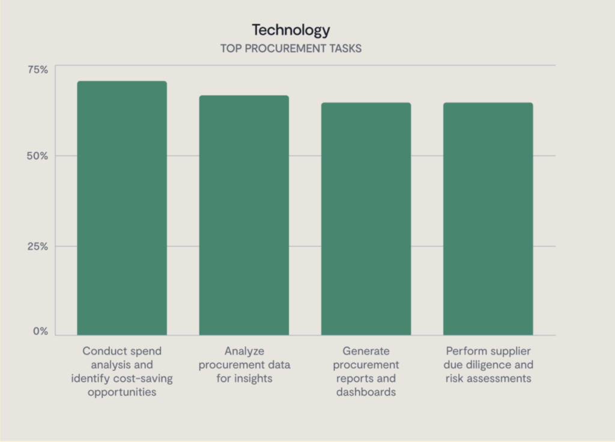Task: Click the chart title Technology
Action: click(291, 30)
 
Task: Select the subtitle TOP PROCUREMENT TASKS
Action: click(291, 49)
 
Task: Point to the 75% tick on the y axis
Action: click(38, 70)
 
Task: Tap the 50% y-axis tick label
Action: click(38, 156)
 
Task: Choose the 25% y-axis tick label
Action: click(38, 246)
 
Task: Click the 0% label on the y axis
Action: click(40, 332)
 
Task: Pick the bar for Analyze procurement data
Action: click(244, 215)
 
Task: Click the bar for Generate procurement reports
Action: click(366, 219)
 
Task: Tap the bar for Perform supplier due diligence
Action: click(488, 219)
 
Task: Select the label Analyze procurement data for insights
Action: click(244, 365)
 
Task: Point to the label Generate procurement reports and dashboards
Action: click(366, 371)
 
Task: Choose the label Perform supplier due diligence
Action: click(488, 365)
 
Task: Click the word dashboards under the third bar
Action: click(366, 392)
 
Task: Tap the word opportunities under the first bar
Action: click(122, 392)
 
